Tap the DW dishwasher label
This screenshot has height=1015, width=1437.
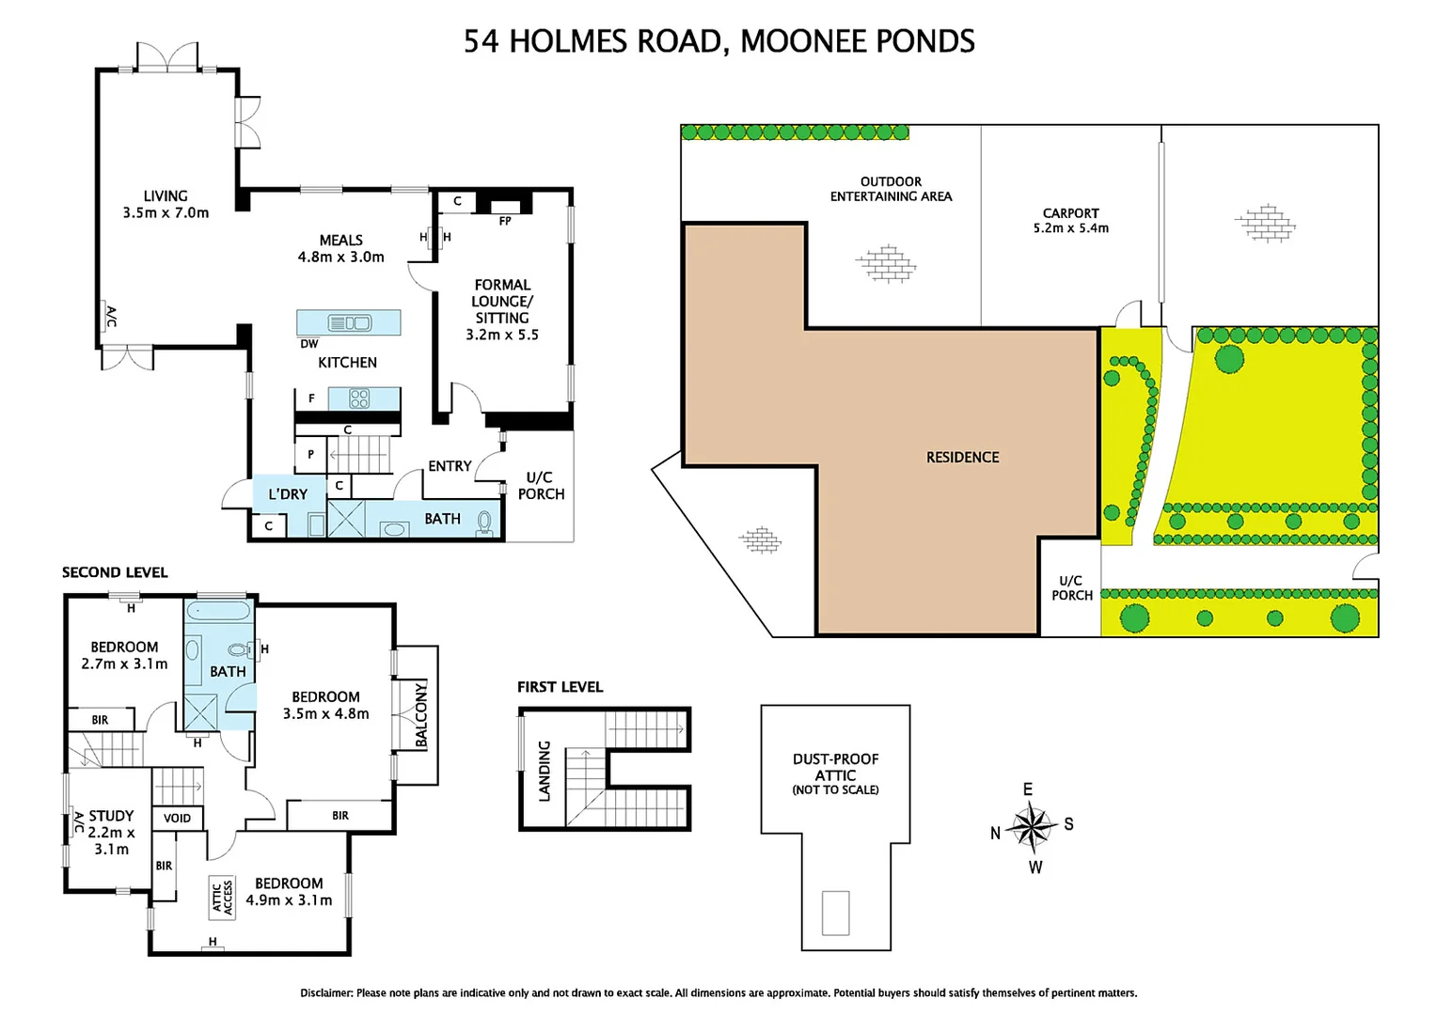click(x=309, y=344)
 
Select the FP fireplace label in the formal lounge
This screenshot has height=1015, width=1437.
click(x=505, y=221)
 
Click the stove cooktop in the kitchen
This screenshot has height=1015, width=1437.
click(x=359, y=398)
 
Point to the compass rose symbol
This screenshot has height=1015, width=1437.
click(x=1031, y=826)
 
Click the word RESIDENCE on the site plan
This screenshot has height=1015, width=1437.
click(x=962, y=457)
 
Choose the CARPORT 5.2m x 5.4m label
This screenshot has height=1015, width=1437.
click(x=1070, y=221)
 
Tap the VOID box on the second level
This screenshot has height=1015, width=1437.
click(x=177, y=819)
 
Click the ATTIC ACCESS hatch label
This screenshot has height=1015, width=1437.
click(x=222, y=898)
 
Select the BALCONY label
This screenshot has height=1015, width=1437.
click(x=420, y=715)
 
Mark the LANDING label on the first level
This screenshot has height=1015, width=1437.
click(x=544, y=771)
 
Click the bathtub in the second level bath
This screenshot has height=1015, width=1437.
click(x=218, y=610)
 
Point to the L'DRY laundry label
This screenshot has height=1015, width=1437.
click(x=288, y=494)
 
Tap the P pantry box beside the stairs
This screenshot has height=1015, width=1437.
click(x=310, y=455)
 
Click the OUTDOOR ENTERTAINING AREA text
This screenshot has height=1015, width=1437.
click(x=891, y=189)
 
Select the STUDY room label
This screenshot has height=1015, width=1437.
click(x=112, y=816)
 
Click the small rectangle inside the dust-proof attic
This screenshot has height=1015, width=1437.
click(x=835, y=913)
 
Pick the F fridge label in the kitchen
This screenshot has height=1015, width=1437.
click(x=312, y=398)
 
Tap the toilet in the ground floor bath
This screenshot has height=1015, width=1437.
click(x=485, y=523)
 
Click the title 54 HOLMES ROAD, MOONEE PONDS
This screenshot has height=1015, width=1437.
click(x=719, y=41)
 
